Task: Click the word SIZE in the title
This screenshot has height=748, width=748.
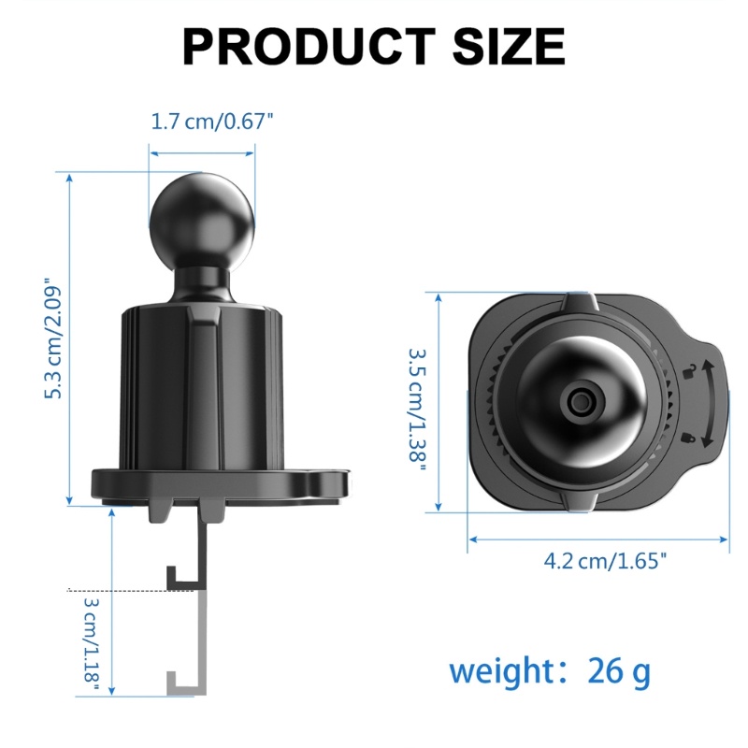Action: tap(509, 46)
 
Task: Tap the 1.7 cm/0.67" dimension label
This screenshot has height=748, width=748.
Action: tap(212, 122)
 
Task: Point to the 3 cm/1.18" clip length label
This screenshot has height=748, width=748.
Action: tap(91, 644)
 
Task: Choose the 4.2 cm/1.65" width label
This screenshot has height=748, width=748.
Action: tap(604, 560)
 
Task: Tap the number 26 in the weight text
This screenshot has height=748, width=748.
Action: tap(605, 670)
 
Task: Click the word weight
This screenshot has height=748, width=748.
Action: tap(501, 671)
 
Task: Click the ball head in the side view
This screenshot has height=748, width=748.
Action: tap(202, 224)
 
